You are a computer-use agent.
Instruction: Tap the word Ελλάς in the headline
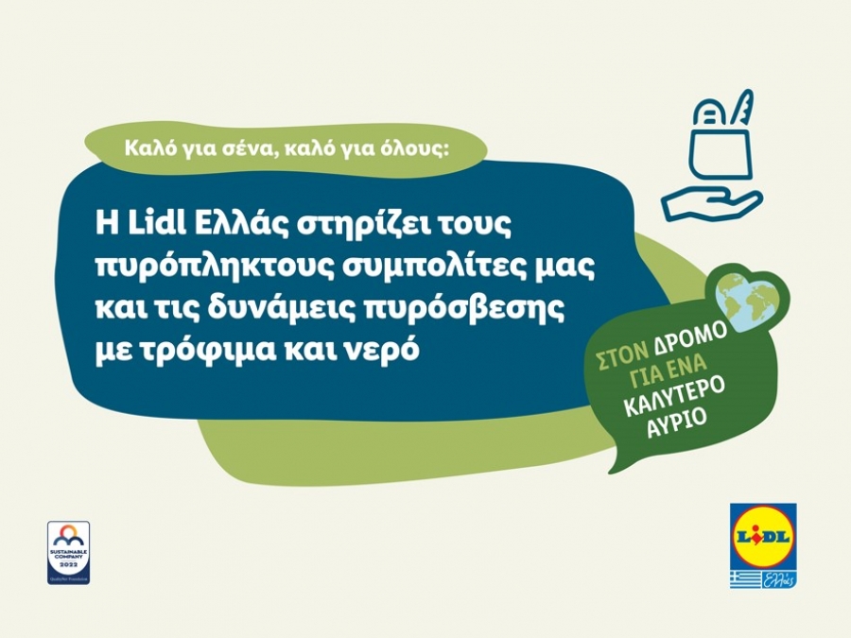[224, 223]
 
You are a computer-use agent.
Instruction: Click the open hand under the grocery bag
[709, 200]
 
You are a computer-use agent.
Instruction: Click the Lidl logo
[762, 535]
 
